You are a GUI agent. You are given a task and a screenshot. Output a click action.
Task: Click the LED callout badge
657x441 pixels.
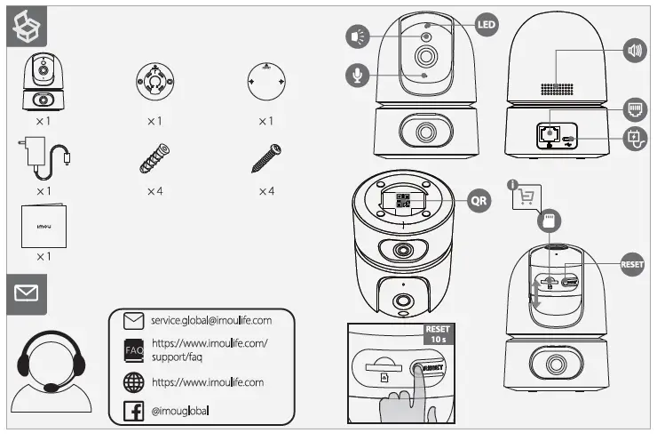[x=487, y=25]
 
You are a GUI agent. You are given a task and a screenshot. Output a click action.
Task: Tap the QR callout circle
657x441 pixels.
[x=479, y=201]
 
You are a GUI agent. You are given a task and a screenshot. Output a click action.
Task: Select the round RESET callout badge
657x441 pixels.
[x=632, y=264]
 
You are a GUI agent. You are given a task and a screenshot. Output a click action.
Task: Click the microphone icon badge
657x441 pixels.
[x=358, y=76]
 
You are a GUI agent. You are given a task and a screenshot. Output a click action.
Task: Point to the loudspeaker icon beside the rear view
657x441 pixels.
[x=635, y=51]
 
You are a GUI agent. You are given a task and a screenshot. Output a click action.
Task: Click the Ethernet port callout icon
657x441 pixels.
[x=635, y=109]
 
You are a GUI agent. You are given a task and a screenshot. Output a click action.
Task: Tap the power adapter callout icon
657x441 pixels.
[x=635, y=139]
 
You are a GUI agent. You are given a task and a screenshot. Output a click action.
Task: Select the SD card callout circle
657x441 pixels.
[x=549, y=220]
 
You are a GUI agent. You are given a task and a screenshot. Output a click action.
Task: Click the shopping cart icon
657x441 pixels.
[x=526, y=196]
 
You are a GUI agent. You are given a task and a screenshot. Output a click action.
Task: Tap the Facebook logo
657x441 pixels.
[x=134, y=411]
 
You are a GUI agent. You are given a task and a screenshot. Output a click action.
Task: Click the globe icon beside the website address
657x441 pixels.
[x=134, y=382]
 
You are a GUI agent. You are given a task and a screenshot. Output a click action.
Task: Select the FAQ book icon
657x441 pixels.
[x=134, y=351]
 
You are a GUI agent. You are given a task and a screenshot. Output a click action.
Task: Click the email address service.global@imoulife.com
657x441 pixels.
[x=211, y=321]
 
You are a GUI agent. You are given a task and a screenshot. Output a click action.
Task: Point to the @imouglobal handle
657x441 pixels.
[x=180, y=411]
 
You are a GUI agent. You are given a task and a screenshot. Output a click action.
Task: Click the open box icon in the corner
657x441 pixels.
[x=27, y=27]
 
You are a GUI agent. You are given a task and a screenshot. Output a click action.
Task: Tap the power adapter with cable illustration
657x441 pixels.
[x=44, y=157]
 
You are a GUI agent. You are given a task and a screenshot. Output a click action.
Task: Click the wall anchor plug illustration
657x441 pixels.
[x=154, y=158]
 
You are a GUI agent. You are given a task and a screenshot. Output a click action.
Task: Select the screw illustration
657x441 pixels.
[x=266, y=158]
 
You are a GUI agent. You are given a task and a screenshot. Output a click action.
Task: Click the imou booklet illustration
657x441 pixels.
[x=44, y=226]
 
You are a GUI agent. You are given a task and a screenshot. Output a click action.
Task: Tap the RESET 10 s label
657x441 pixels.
[x=438, y=334]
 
